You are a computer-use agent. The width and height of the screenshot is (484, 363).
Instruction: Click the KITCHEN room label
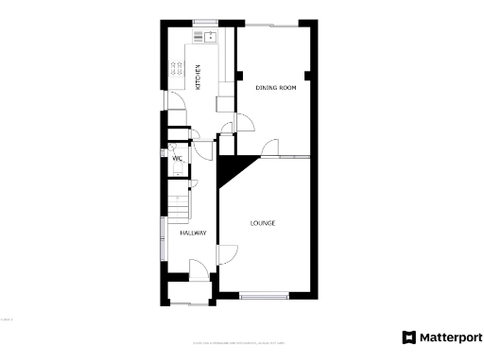tap(199, 77)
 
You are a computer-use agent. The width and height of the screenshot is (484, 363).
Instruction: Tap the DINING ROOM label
tap(276, 87)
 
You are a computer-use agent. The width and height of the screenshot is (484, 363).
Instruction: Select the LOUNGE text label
tap(263, 223)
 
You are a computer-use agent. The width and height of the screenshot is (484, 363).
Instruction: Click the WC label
tap(177, 159)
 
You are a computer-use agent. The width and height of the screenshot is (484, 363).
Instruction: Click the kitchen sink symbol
tap(205, 37)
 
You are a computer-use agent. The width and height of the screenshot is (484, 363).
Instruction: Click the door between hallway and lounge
tap(227, 253)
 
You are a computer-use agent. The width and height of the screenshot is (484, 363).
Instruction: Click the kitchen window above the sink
tap(204, 22)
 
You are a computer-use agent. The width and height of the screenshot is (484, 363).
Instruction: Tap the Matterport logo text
tap(442, 337)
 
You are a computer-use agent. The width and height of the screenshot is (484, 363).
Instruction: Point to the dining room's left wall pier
tap(241, 74)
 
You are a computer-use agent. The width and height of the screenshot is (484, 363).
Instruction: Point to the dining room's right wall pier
tap(307, 74)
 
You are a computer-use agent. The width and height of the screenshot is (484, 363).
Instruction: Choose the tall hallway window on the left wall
tap(161, 240)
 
